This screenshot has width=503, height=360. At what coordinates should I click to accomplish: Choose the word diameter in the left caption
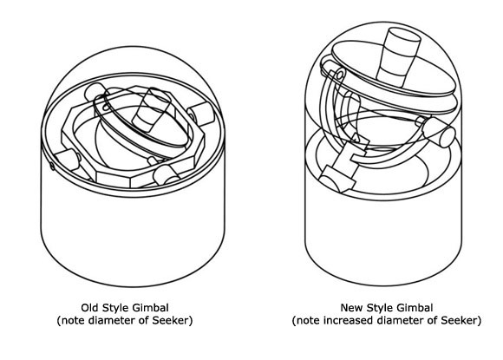tap(110, 320)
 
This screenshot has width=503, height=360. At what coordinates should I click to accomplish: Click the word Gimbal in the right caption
tap(415, 308)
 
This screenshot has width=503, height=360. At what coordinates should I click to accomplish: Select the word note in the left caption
tap(73, 320)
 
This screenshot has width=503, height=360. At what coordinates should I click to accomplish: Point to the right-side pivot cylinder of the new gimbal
tap(439, 132)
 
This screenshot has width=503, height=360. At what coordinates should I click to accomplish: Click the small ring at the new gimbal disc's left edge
tap(340, 75)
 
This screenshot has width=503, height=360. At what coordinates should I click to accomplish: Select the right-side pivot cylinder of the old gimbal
tap(201, 114)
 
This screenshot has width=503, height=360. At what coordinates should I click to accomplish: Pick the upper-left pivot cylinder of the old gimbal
tap(95, 92)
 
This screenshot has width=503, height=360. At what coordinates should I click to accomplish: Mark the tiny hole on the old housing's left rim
tap(52, 166)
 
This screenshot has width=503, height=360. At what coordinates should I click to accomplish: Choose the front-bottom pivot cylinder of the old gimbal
tap(167, 176)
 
